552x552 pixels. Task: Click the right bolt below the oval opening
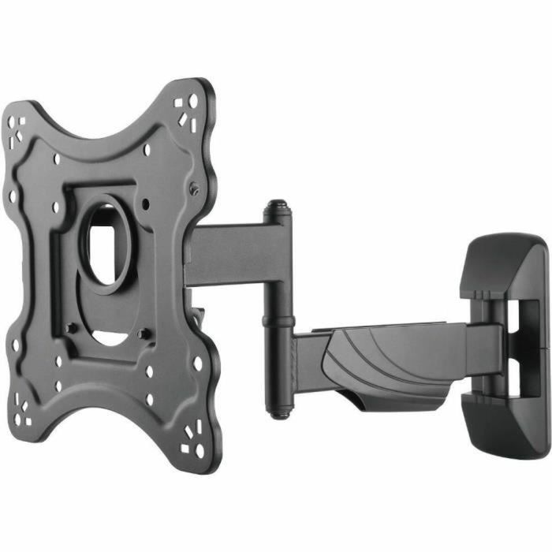[x=143, y=334]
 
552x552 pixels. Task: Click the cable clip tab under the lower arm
[x=371, y=403]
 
